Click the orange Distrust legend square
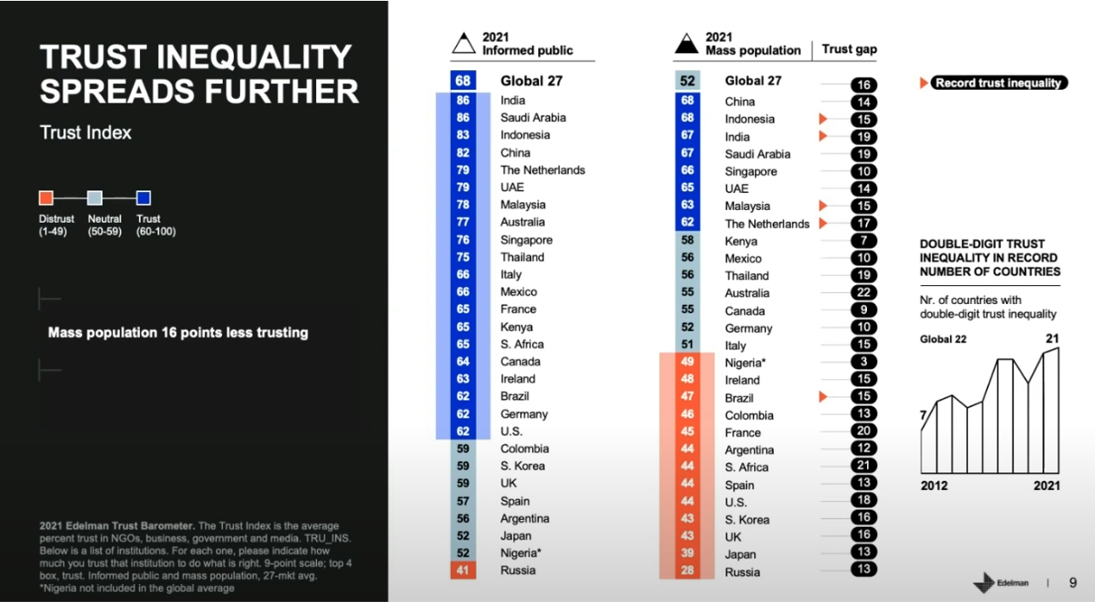[46, 198]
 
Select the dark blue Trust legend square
[143, 198]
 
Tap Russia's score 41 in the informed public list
[463, 570]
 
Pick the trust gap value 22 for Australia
[864, 293]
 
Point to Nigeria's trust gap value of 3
[864, 362]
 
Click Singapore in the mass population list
[751, 172]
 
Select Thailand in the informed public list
[522, 257]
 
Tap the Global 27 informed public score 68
[463, 81]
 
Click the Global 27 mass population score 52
[687, 81]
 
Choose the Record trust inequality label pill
[998, 83]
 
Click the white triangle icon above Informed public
[464, 44]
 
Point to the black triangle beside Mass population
[687, 44]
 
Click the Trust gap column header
[849, 50]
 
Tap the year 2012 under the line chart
[934, 485]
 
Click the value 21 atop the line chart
[1052, 339]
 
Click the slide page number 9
[1073, 582]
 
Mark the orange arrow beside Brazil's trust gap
[823, 397]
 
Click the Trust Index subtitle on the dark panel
[85, 133]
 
